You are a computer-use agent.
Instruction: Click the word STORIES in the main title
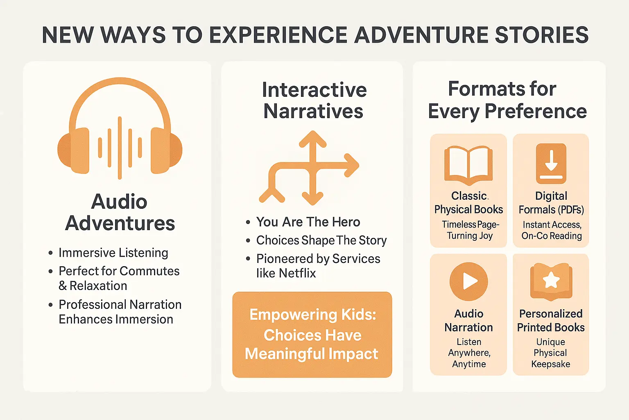pos(541,35)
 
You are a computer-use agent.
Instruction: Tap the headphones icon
pos(120,127)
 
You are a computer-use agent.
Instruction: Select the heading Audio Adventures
pos(120,212)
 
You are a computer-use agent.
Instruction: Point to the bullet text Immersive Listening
pos(113,253)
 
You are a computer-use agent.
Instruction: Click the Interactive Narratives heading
pos(314,100)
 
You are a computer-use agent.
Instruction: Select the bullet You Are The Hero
pos(308,222)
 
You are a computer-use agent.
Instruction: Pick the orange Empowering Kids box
pos(312,335)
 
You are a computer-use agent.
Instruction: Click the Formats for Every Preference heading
pos(507,100)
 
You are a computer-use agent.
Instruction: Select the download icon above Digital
pos(551,163)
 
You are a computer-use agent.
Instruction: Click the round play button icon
pos(468,281)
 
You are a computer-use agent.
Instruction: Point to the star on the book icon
pos(551,280)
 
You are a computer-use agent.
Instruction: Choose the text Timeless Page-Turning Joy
pos(470,230)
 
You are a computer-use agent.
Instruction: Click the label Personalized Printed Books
pos(551,320)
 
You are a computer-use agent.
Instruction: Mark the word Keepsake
pos(550,364)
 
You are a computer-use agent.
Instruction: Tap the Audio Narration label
pos(468,320)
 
